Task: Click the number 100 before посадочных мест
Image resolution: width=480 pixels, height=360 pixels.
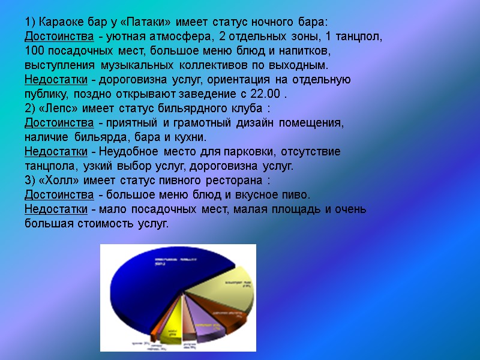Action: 34,51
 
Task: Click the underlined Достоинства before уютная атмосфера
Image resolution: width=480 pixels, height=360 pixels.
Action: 59,37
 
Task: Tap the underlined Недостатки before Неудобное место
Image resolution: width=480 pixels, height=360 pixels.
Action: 56,152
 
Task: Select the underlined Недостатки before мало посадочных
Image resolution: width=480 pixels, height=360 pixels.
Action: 56,209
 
